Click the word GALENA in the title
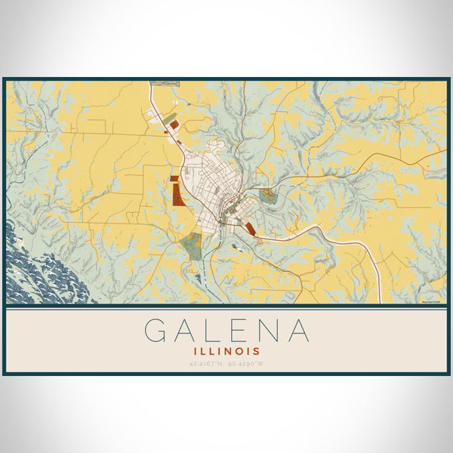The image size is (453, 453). coord(226,331)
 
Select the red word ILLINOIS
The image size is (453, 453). coord(226,351)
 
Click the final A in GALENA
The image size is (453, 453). coord(299,331)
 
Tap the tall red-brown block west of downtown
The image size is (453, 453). coord(177,192)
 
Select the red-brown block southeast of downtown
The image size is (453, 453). coord(250,228)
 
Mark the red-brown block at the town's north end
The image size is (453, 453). coord(174,124)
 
